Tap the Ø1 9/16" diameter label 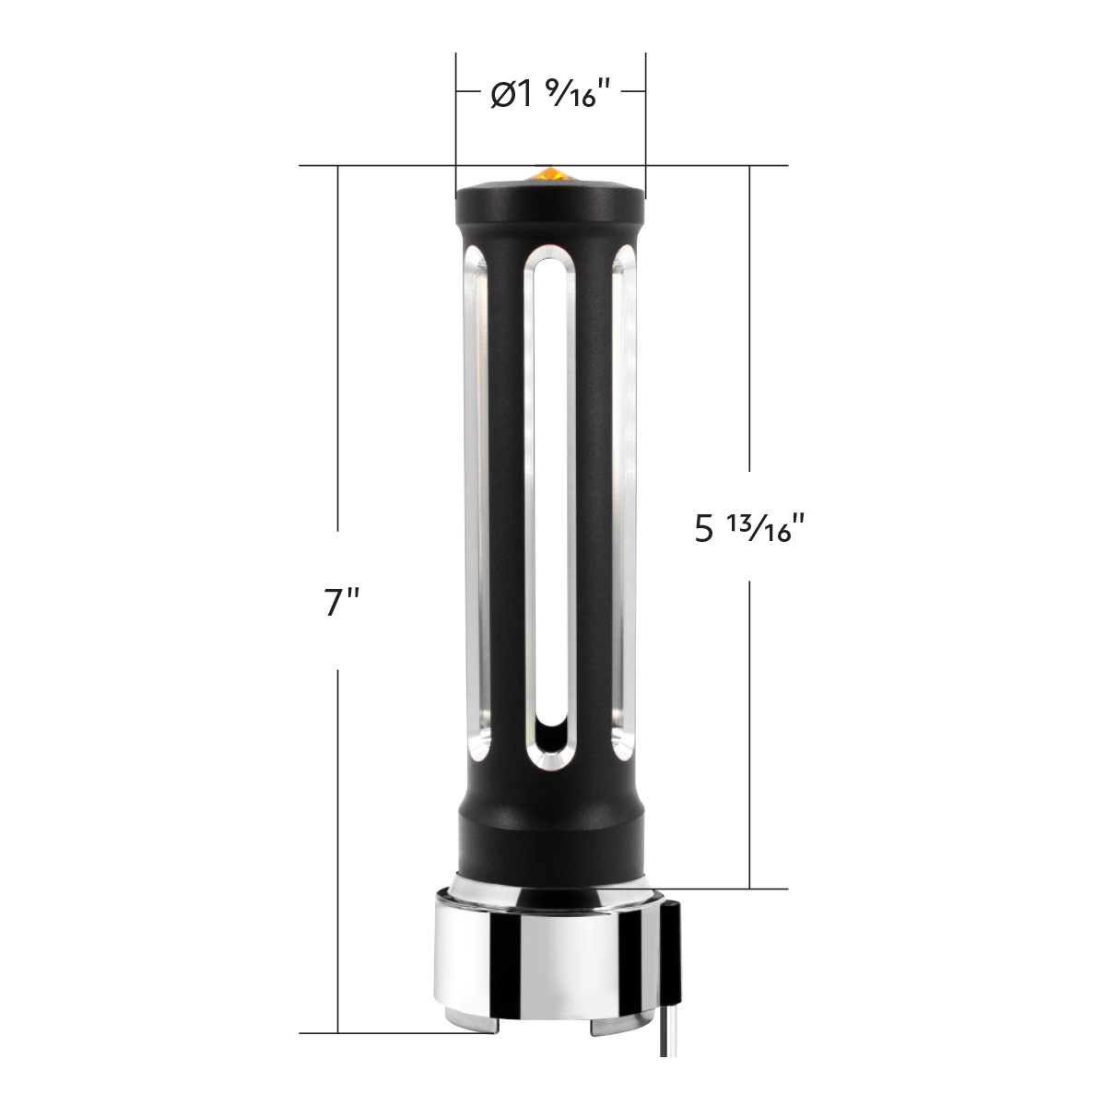pyautogui.click(x=551, y=94)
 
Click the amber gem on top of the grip pyautogui.click(x=548, y=172)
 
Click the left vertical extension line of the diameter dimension pyautogui.click(x=455, y=120)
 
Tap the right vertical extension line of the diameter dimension pyautogui.click(x=645, y=120)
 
